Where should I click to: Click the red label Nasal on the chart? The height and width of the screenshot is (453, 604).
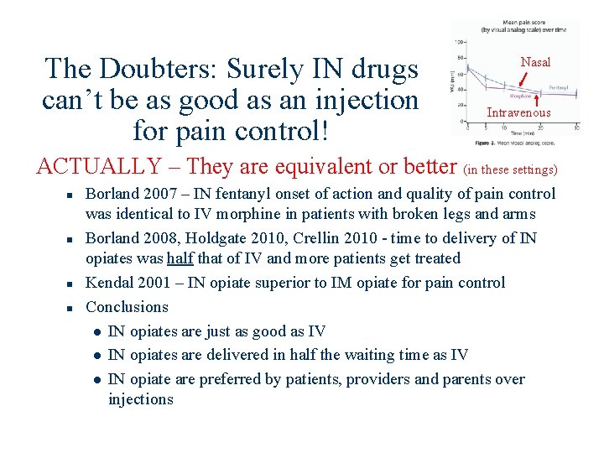tap(535, 62)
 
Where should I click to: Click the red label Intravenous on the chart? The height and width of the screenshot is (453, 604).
tap(518, 112)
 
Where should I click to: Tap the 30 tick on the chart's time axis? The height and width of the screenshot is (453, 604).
tap(576, 128)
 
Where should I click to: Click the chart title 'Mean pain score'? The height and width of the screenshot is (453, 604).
tap(526, 23)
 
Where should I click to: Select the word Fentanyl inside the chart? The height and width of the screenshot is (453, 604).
tap(560, 87)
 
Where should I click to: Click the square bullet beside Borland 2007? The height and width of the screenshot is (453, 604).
tap(73, 195)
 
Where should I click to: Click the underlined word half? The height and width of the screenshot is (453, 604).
tap(180, 258)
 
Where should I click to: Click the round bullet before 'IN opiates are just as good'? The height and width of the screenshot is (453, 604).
tap(98, 332)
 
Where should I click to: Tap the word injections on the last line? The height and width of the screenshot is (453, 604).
tap(140, 399)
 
